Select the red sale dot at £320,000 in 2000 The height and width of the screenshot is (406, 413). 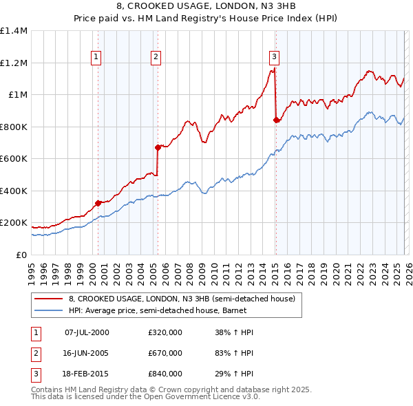pos(98,202)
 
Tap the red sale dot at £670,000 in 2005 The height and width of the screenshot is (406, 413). pos(158,147)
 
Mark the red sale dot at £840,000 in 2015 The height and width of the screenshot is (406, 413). pos(276,120)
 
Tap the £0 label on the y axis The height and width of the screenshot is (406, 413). pos(21,255)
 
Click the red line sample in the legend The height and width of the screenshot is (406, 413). pos(48,299)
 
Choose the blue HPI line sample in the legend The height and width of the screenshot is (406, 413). pos(48,310)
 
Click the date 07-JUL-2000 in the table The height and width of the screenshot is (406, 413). pos(87,332)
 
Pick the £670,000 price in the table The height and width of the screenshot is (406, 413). pos(165,353)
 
